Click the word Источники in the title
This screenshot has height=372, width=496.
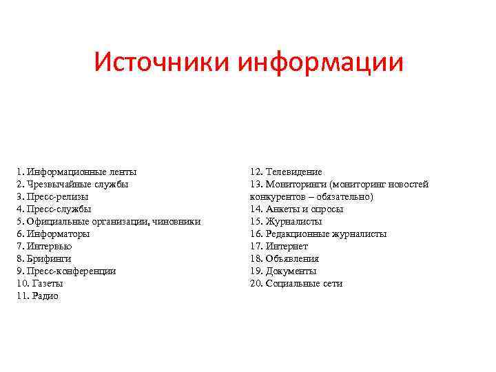click(x=163, y=63)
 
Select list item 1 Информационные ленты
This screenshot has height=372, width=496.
click(x=77, y=172)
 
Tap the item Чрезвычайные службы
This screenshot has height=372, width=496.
click(x=73, y=184)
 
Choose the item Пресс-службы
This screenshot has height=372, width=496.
click(x=54, y=209)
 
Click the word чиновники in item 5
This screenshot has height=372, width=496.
click(x=178, y=221)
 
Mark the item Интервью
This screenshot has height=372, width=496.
click(x=48, y=246)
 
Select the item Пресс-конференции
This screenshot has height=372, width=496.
click(x=66, y=271)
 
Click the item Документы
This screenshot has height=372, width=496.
click(x=291, y=271)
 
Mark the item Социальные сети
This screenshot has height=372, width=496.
click(x=304, y=283)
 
